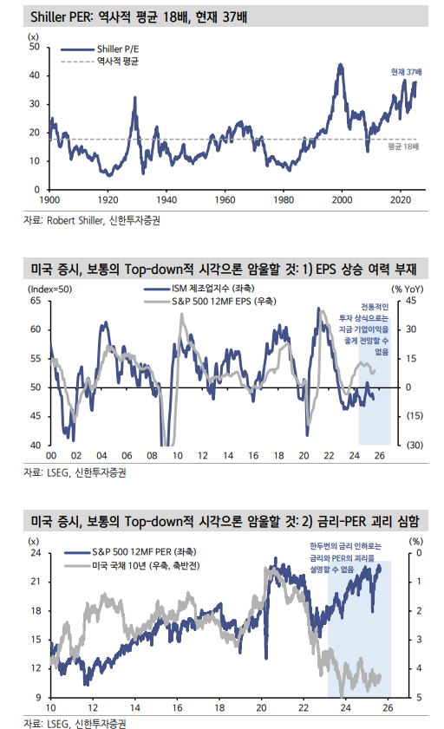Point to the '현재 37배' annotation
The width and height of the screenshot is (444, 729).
[405, 71]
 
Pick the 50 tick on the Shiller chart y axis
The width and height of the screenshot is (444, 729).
[35, 47]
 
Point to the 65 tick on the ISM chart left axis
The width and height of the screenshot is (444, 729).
[35, 301]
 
